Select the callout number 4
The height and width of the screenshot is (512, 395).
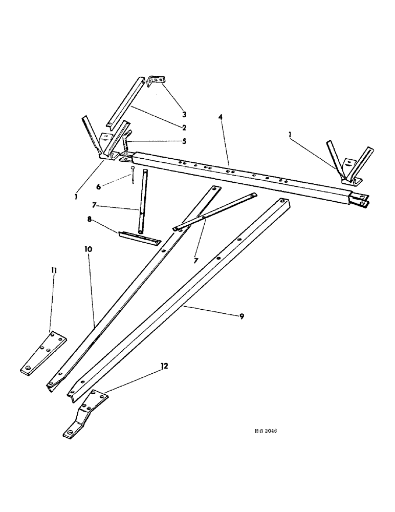(x=221, y=118)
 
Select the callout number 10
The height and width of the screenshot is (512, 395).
(x=88, y=249)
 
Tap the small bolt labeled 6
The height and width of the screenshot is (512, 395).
(x=133, y=174)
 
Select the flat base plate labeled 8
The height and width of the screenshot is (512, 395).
(x=139, y=237)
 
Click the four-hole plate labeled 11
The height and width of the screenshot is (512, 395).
(x=43, y=354)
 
